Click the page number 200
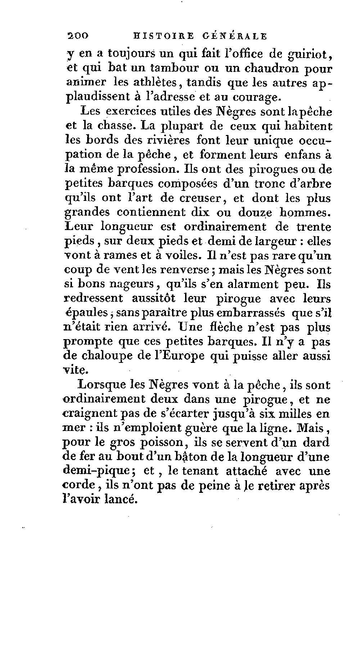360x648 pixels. click(78, 36)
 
